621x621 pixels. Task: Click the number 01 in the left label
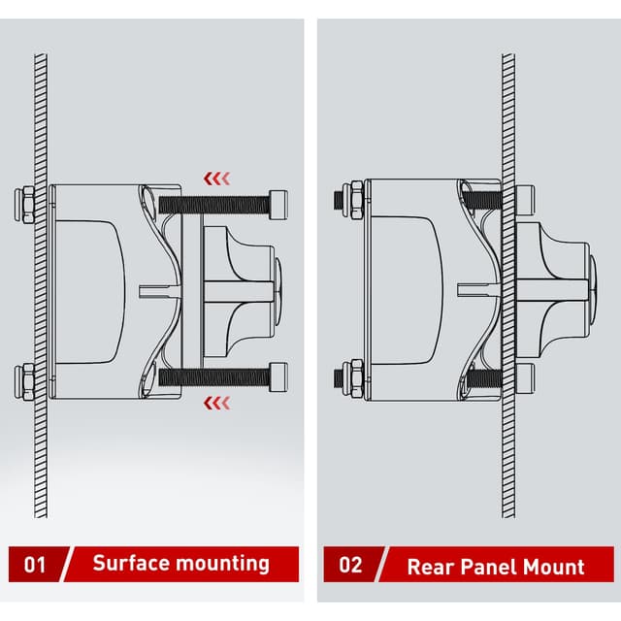pyautogui.click(x=34, y=563)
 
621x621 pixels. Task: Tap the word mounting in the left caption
pyautogui.click(x=224, y=564)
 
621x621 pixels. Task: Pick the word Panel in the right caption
pyautogui.click(x=488, y=567)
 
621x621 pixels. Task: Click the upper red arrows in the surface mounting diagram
pyautogui.click(x=216, y=178)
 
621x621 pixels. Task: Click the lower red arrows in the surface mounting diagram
pyautogui.click(x=216, y=401)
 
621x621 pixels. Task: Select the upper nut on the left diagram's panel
pyautogui.click(x=26, y=204)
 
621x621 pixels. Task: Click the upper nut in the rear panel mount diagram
pyautogui.click(x=355, y=198)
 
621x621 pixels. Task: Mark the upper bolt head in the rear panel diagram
pyautogui.click(x=525, y=199)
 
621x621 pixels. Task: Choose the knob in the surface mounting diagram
pyautogui.click(x=243, y=288)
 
